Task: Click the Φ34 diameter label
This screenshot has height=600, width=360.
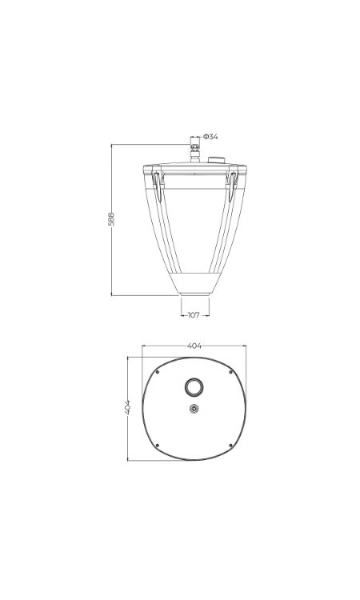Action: click(210, 137)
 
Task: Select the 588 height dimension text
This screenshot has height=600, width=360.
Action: click(111, 219)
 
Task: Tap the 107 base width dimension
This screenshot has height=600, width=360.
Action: click(194, 315)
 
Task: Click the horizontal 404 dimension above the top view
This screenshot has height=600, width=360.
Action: click(194, 346)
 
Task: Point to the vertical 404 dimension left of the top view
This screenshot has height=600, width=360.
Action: click(127, 407)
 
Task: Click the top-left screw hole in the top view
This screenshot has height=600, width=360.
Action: click(158, 372)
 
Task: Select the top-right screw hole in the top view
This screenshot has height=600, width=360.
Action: click(230, 372)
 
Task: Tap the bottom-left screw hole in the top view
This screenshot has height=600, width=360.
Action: click(158, 445)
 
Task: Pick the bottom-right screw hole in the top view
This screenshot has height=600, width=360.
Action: click(230, 445)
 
